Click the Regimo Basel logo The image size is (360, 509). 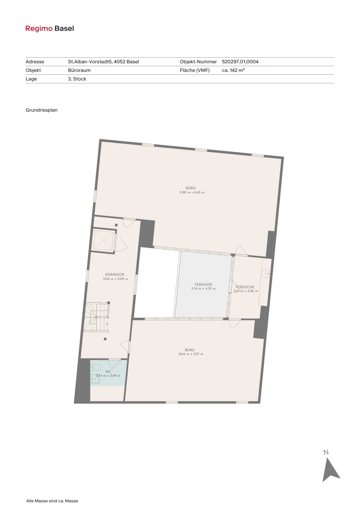(x=50, y=29)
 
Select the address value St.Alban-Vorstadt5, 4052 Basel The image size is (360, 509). (x=103, y=62)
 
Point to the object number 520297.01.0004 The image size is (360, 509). (x=240, y=62)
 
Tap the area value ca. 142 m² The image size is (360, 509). (x=233, y=70)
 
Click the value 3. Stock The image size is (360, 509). (x=77, y=79)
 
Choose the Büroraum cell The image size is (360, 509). (x=79, y=70)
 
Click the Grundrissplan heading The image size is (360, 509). (x=42, y=110)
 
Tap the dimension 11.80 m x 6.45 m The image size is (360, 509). (x=192, y=192)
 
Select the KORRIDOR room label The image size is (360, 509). (x=115, y=275)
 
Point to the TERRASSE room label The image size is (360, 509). (x=203, y=284)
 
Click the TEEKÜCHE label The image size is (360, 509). (x=245, y=287)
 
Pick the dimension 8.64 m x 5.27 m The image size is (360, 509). (x=191, y=354)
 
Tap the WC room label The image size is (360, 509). (x=108, y=372)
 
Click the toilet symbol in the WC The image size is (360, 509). (x=96, y=367)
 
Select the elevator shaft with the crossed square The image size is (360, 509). (x=104, y=240)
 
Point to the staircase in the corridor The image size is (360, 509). (x=96, y=317)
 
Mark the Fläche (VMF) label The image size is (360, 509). (x=195, y=70)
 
